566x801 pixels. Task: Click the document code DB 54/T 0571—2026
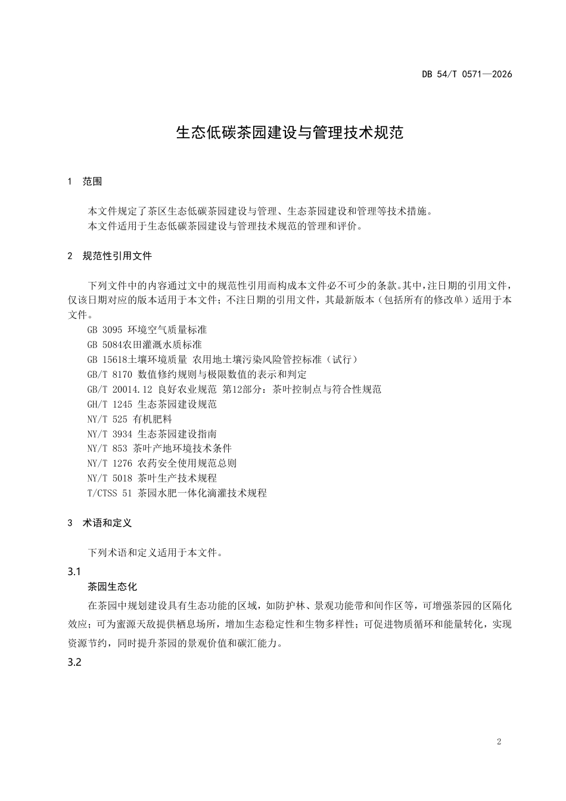(467, 74)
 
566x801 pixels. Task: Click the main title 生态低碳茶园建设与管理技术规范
(290, 132)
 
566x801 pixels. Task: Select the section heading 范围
(92, 182)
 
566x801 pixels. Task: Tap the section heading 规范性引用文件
(117, 256)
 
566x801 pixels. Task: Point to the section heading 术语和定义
(107, 523)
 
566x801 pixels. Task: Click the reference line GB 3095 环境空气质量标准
(147, 330)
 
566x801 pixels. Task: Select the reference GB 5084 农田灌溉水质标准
(145, 345)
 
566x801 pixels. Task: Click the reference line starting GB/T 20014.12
(234, 390)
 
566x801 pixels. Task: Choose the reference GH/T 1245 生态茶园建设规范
(152, 405)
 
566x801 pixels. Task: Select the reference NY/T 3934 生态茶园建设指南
(152, 434)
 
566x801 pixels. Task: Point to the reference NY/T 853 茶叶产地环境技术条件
(159, 449)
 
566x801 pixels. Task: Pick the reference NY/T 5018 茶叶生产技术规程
(152, 479)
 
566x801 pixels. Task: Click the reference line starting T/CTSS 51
(177, 493)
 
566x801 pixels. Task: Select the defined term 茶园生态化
(113, 587)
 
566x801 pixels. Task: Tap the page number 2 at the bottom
(499, 742)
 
